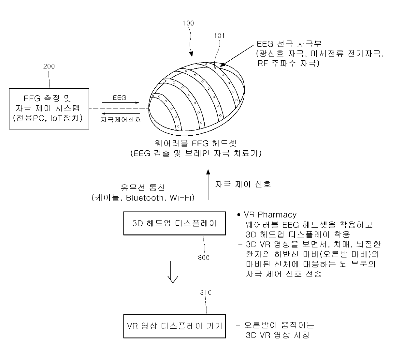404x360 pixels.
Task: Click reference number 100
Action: [x=188, y=23]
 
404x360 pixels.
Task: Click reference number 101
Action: [x=219, y=36]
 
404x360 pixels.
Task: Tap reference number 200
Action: [x=49, y=67]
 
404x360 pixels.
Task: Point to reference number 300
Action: [x=204, y=258]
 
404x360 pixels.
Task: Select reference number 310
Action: [x=206, y=292]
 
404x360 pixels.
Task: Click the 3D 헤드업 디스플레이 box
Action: [x=174, y=223]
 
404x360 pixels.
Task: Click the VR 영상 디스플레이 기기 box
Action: [x=174, y=326]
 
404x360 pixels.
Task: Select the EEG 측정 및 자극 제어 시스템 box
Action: [x=49, y=109]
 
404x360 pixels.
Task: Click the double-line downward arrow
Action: [x=173, y=271]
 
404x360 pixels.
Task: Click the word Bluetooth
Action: [x=145, y=198]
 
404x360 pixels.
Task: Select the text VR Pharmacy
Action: [x=270, y=215]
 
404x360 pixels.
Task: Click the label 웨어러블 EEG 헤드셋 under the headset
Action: [x=196, y=143]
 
